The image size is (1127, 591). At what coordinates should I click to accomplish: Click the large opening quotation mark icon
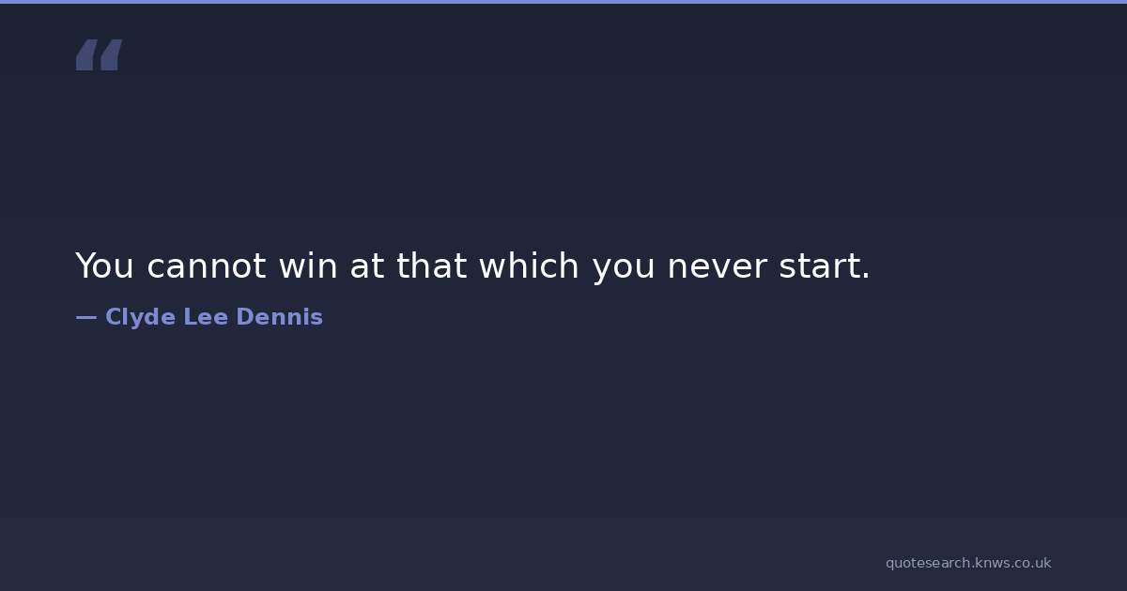coord(100,54)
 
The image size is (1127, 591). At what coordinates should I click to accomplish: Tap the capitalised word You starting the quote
coord(104,265)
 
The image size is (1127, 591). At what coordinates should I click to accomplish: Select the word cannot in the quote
coord(207,266)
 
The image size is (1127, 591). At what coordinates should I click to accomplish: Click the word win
coord(308,265)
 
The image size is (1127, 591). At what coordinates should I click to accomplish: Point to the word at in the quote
coord(367,266)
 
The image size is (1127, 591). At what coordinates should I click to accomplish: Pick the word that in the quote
coord(432,265)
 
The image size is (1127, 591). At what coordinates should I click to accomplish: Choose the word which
coord(529,265)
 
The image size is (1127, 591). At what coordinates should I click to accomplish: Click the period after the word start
coord(865,276)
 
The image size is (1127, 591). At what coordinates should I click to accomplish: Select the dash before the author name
coord(86,318)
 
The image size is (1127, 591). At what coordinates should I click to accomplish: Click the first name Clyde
coord(140,318)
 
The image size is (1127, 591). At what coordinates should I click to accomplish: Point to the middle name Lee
coord(206,317)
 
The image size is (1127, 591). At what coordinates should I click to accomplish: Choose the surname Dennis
coord(279,317)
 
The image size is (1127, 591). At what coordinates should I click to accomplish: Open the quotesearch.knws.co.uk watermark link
coord(968,563)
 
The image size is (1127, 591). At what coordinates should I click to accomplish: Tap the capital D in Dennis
coord(245,317)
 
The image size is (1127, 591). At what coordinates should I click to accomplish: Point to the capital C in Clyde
coord(114,317)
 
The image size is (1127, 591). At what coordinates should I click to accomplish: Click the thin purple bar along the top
coord(563,2)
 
